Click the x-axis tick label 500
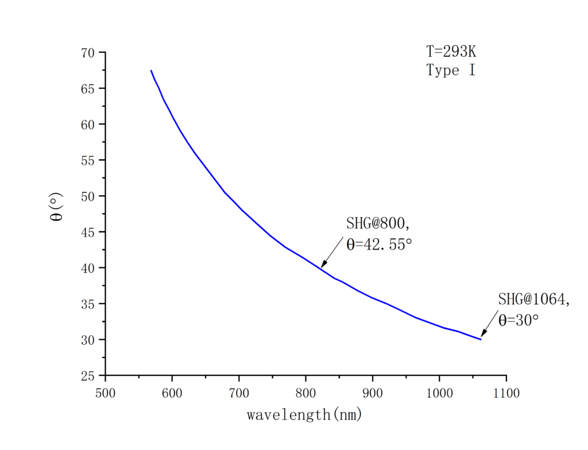coord(105,393)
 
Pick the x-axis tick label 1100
coord(505,393)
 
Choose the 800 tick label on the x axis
coord(305,393)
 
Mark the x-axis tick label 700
coord(238,393)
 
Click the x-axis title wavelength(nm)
coord(304,414)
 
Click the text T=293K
coord(451,52)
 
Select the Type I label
coord(451,71)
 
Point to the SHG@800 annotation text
coord(378,223)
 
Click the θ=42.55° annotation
coord(379,244)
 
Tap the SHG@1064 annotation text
coord(533,299)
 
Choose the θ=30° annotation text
coord(519,320)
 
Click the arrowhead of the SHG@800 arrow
coord(322,266)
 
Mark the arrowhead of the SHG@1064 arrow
coord(482,336)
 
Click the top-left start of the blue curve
coord(151,71)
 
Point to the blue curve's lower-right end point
coord(481,339)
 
